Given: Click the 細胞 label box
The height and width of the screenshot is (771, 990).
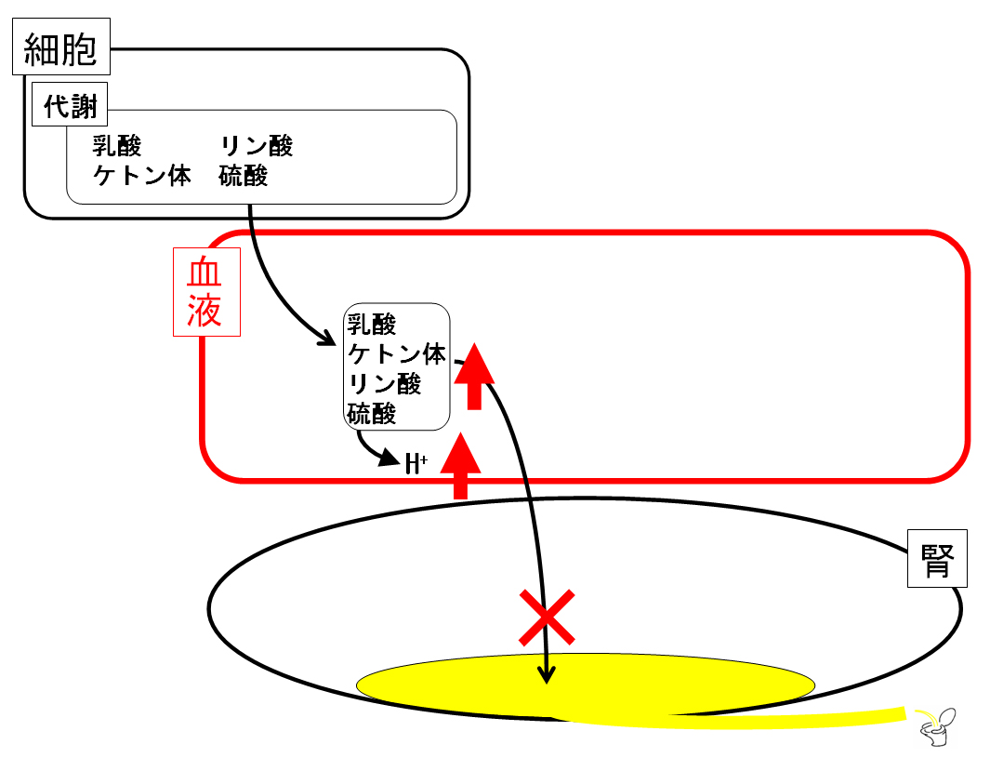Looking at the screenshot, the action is pyautogui.click(x=61, y=47).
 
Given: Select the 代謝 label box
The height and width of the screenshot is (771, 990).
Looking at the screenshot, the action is pyautogui.click(x=70, y=104).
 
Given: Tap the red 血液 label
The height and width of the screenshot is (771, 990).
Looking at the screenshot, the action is pyautogui.click(x=206, y=292).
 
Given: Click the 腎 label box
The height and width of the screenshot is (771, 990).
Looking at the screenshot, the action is pyautogui.click(x=937, y=559).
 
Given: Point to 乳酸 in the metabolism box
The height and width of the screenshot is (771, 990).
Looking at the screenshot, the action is pyautogui.click(x=117, y=146).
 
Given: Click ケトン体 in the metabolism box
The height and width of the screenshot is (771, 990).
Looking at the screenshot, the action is pyautogui.click(x=142, y=176).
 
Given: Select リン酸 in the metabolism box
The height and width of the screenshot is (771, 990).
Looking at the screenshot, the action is pyautogui.click(x=257, y=146).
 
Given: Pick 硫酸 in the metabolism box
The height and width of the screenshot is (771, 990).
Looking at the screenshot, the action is pyautogui.click(x=244, y=176).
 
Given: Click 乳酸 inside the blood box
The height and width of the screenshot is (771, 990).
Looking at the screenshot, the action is pyautogui.click(x=372, y=325).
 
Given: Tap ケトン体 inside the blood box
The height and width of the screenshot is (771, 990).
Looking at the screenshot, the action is pyautogui.click(x=397, y=354).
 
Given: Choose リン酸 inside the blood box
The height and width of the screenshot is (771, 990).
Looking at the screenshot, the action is pyautogui.click(x=385, y=384).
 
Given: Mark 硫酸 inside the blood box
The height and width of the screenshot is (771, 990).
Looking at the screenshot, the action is pyautogui.click(x=372, y=414).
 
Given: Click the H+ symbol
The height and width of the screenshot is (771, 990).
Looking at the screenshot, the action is pyautogui.click(x=416, y=463).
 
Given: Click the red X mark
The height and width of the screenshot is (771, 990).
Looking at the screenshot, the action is pyautogui.click(x=547, y=618).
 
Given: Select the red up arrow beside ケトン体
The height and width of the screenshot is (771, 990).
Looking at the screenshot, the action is pyautogui.click(x=474, y=377).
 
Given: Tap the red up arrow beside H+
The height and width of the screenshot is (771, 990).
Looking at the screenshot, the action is pyautogui.click(x=461, y=466).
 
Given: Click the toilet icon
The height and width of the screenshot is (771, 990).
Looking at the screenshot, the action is pyautogui.click(x=938, y=727).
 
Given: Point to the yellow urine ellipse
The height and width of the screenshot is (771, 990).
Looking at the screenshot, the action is pyautogui.click(x=586, y=685).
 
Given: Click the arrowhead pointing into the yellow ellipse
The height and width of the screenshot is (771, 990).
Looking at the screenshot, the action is pyautogui.click(x=547, y=675).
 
